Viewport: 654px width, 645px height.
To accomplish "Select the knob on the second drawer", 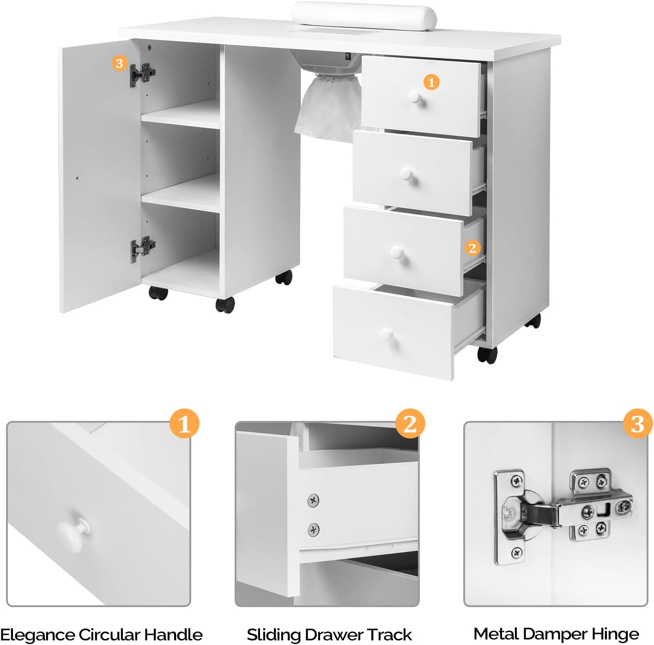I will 406,174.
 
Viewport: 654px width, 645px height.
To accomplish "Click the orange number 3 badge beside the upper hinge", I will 120,63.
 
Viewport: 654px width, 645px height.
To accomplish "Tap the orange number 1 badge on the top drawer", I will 431,82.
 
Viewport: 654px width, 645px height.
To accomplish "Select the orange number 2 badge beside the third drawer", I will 472,248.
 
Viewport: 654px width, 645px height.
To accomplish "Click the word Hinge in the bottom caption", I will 615,634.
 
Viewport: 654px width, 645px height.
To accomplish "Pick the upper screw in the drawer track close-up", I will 313,500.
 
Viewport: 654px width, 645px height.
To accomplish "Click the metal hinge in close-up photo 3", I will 561,513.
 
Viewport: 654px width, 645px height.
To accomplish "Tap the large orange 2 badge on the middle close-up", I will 410,424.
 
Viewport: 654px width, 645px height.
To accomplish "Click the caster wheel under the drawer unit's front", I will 487,355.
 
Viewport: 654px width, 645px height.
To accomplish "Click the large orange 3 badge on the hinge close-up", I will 638,424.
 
